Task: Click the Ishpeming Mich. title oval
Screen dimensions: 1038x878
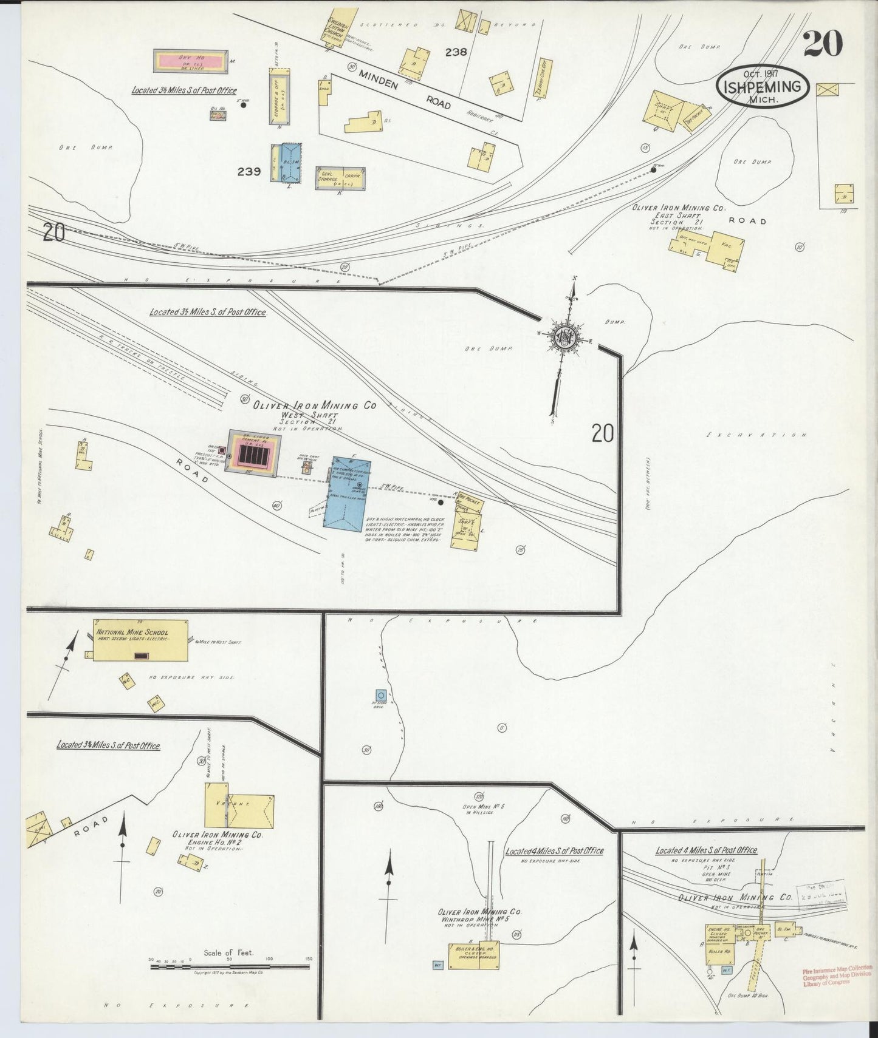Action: click(764, 89)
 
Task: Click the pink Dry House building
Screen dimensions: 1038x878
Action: click(190, 63)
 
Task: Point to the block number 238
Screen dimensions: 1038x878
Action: click(455, 52)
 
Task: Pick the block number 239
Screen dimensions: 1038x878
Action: click(249, 172)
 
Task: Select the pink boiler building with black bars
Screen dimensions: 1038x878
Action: click(253, 453)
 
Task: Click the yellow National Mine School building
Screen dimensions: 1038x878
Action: click(140, 641)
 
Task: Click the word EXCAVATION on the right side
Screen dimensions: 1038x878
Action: click(757, 435)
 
